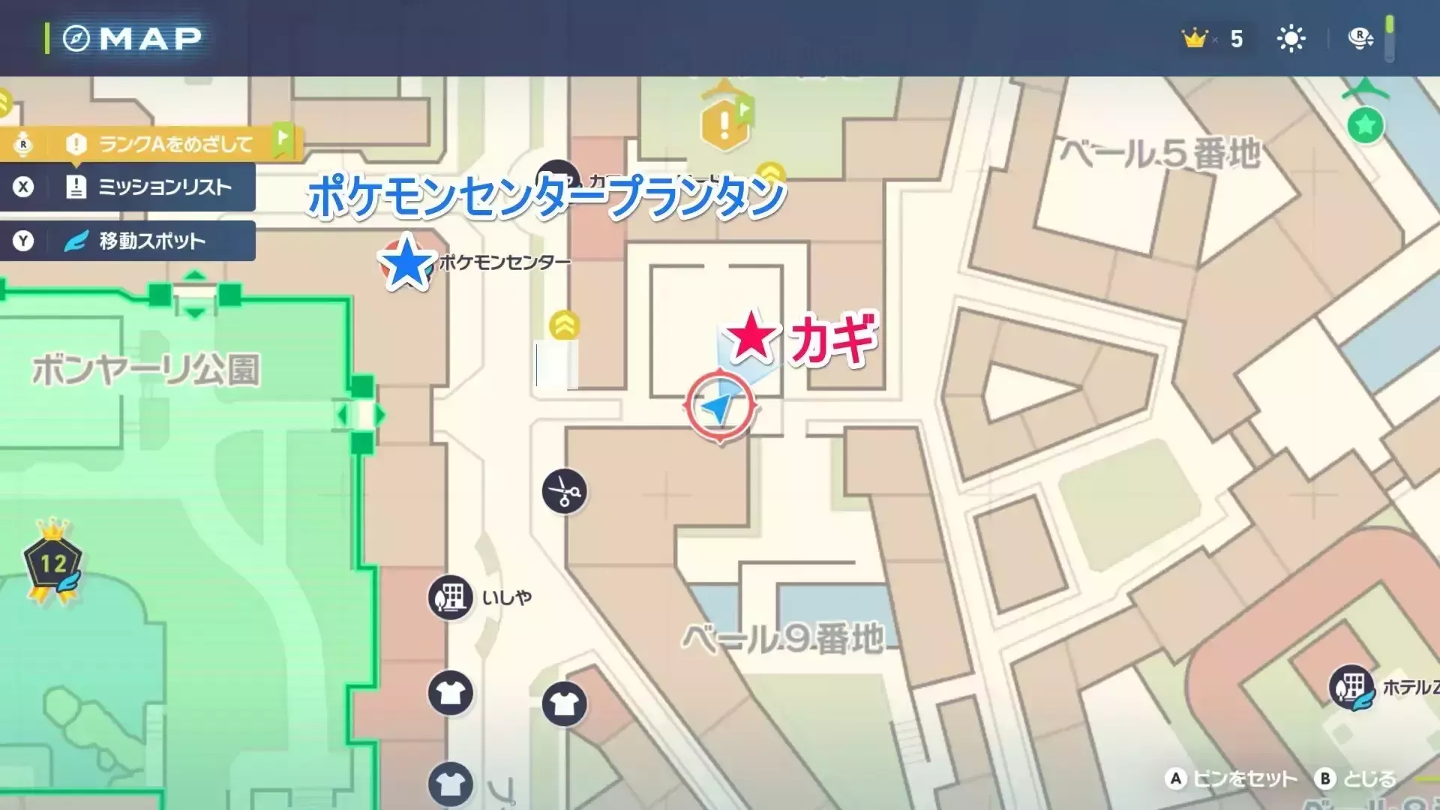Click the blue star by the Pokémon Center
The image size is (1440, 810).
click(406, 262)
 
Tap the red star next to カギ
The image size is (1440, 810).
click(751, 335)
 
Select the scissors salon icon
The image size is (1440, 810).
click(564, 492)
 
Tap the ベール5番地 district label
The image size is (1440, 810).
click(1160, 154)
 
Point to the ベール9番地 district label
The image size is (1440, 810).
click(782, 639)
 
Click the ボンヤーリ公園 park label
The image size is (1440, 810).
click(146, 370)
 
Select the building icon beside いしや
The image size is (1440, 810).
click(450, 598)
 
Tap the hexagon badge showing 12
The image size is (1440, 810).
click(53, 563)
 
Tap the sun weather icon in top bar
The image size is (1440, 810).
click(1291, 38)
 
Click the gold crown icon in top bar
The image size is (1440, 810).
click(1194, 38)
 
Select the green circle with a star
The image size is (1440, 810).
click(1365, 124)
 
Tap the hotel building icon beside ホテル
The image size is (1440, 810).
click(1351, 686)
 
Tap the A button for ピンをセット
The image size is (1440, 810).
click(1175, 778)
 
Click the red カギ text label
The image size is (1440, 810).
click(833, 339)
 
